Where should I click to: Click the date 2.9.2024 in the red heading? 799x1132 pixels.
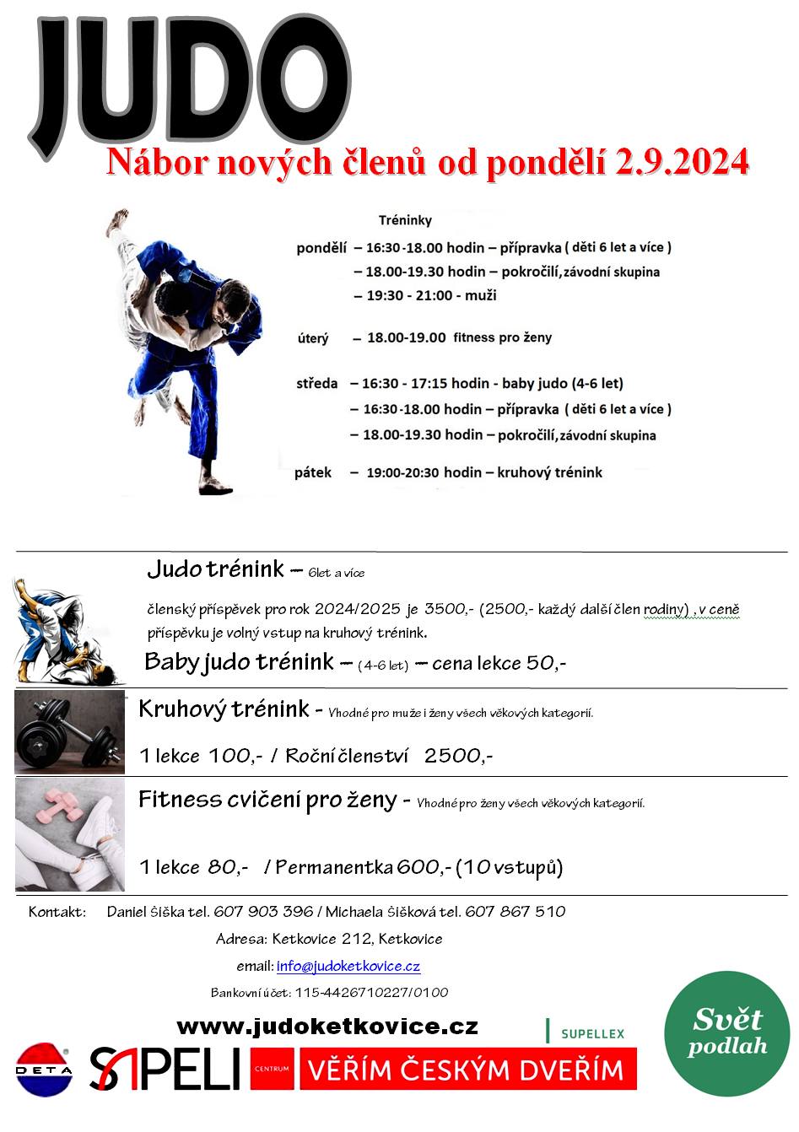point(683,162)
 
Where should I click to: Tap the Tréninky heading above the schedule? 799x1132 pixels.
point(405,220)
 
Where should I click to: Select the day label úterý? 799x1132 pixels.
point(313,338)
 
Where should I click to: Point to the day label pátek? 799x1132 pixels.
point(313,472)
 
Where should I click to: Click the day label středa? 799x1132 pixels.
point(316,384)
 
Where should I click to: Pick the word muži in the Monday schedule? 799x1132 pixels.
point(481,295)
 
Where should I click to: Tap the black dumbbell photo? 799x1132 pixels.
point(70,732)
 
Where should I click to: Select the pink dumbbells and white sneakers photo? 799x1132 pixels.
point(70,834)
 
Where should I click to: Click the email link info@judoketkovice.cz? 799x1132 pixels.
point(348,966)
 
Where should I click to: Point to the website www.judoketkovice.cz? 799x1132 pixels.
point(327,1027)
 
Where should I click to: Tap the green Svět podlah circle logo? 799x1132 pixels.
point(726,1033)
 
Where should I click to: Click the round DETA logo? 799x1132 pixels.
point(44,1070)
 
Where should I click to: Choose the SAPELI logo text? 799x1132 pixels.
point(165,1069)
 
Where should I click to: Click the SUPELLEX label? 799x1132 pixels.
point(592,1033)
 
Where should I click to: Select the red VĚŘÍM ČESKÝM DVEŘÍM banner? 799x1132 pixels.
point(466,1070)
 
